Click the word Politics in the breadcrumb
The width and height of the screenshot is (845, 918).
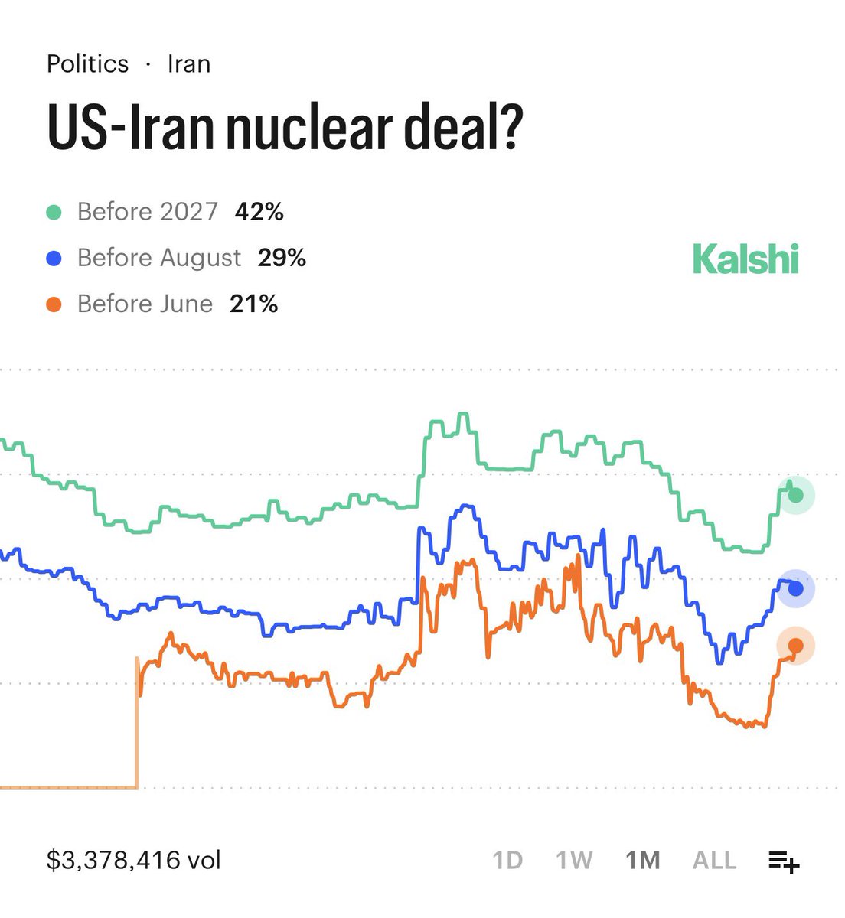pos(87,63)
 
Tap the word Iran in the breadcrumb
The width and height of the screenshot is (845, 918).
pos(188,63)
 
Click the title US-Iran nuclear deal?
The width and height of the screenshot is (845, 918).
pos(285,126)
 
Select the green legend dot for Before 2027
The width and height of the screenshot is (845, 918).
pos(54,212)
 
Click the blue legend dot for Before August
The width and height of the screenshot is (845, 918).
pos(54,259)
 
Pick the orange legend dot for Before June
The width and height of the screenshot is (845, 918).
pos(54,304)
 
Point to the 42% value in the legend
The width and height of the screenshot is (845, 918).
pos(259,211)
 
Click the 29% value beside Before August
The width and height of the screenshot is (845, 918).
pos(282,258)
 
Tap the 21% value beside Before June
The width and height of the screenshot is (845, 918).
pos(253,304)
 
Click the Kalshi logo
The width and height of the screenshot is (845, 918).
pos(745,259)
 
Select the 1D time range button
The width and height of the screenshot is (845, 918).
pos(507,861)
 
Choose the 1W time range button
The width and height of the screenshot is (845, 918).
pos(574,861)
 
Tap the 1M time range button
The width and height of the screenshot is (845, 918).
pos(643,861)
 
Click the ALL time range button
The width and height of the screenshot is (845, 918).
pos(714,861)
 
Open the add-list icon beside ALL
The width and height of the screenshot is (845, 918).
pos(784,861)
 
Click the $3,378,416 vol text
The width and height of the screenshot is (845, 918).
pos(134,860)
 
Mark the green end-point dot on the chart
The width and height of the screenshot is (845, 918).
pos(796,495)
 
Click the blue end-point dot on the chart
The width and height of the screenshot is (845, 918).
pos(796,589)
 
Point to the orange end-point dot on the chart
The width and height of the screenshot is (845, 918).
pos(796,646)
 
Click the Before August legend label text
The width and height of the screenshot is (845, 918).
pos(159,258)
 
